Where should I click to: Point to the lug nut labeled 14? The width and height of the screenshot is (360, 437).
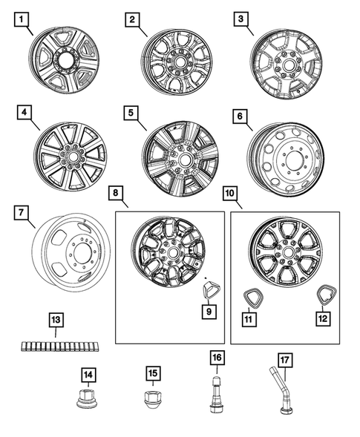pyautogui.click(x=88, y=404)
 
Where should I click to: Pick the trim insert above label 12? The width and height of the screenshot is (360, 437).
pyautogui.click(x=324, y=295)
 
